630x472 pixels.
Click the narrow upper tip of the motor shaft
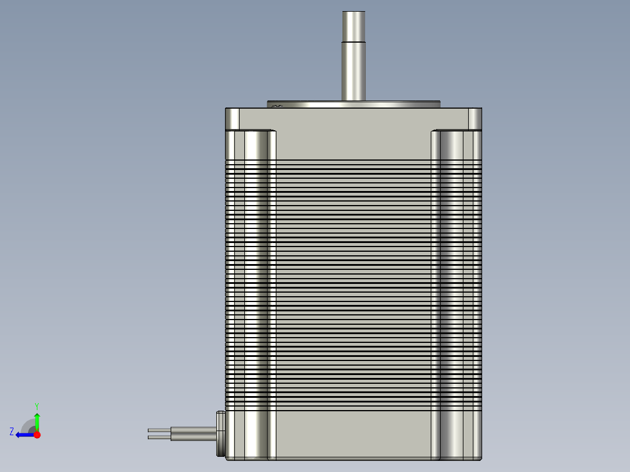[x=354, y=26]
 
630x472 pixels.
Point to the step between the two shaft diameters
[x=354, y=41]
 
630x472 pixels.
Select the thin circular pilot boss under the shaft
[x=397, y=105]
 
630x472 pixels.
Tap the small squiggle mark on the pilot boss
[x=277, y=106]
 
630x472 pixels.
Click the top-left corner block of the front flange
[x=232, y=119]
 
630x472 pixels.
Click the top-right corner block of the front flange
[x=475, y=119]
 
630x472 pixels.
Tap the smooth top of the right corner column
[x=456, y=145]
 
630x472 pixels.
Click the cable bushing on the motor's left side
[x=220, y=433]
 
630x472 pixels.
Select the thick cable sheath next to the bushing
[x=193, y=433]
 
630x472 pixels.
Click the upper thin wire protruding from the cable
[x=159, y=431]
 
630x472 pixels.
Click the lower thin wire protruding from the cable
[x=159, y=437]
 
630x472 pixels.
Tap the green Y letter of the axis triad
[x=36, y=405]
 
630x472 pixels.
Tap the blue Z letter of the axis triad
[x=12, y=432]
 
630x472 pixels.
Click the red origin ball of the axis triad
[x=37, y=435]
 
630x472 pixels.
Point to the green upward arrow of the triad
[x=37, y=421]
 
